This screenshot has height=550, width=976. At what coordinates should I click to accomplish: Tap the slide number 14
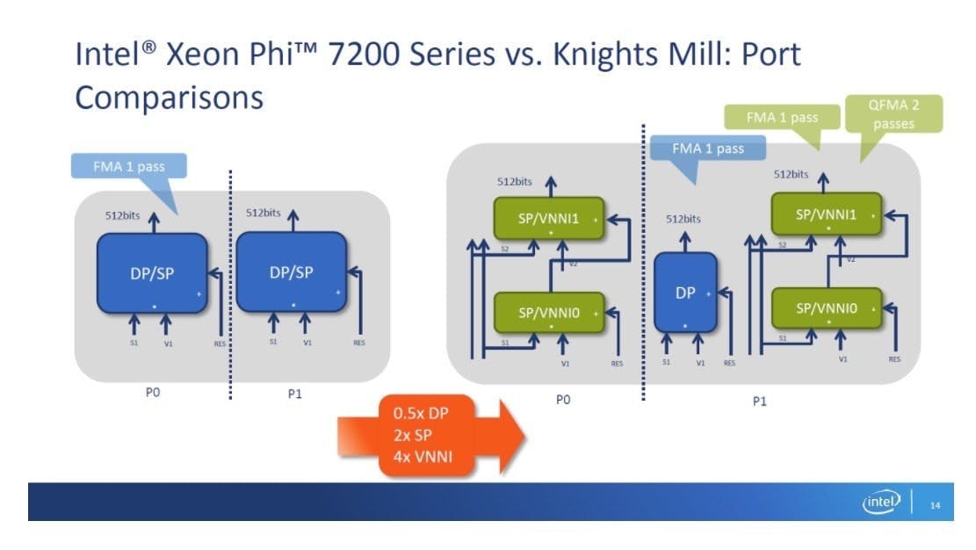(935, 504)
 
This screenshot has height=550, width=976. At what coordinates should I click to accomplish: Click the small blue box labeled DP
(685, 293)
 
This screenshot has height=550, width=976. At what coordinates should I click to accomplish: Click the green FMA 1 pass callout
(782, 117)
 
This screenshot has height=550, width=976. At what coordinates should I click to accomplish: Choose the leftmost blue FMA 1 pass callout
(128, 166)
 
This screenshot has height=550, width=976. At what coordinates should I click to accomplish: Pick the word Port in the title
(767, 54)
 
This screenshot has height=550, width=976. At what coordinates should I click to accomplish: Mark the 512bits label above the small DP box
(683, 219)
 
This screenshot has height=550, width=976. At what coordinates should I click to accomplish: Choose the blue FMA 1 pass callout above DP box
(707, 148)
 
